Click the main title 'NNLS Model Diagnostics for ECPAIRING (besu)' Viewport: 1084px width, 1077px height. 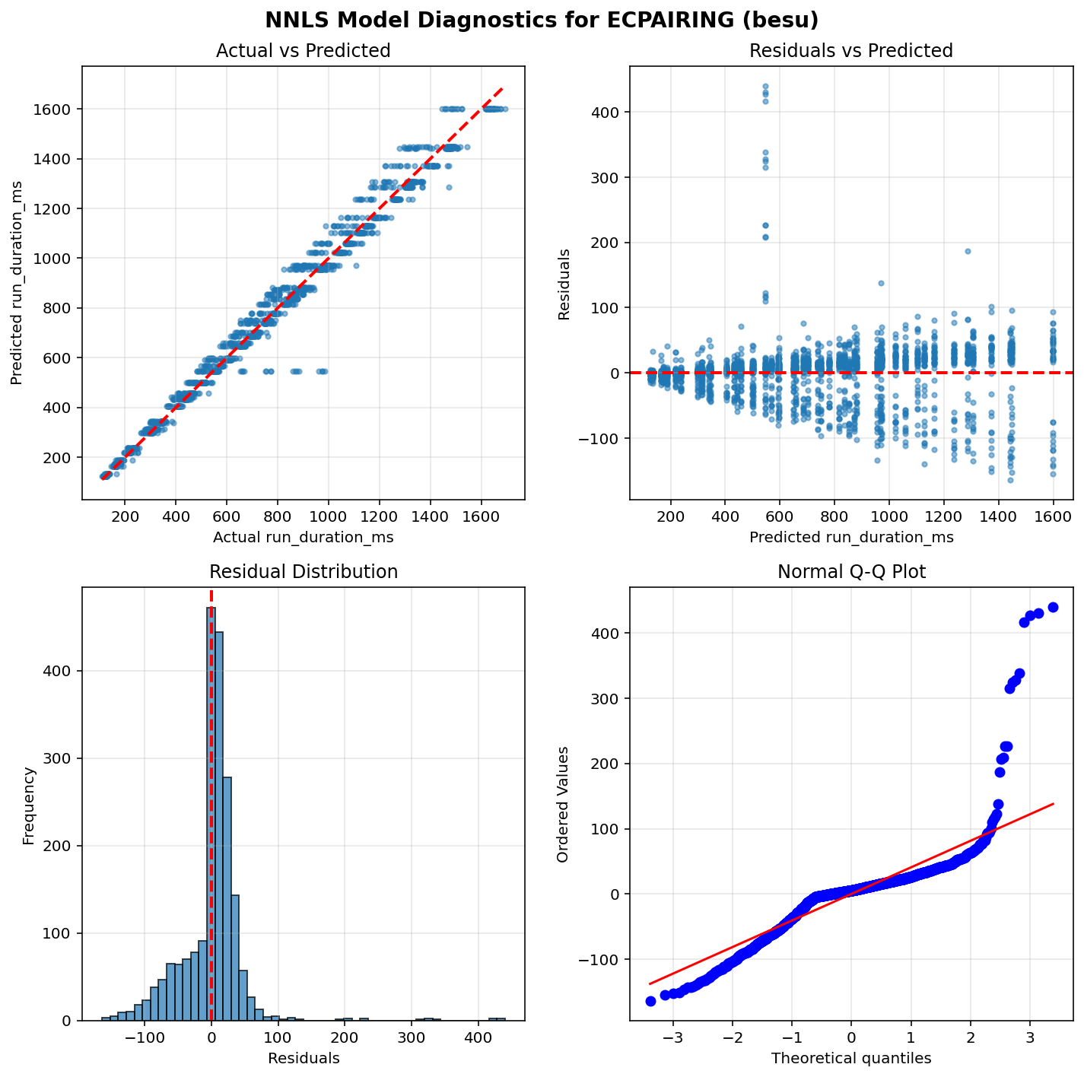(x=542, y=20)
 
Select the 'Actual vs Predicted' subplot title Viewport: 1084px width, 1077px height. (x=303, y=51)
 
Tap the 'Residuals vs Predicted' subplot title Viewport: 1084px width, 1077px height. (x=851, y=51)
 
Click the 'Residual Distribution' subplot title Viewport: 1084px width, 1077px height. (x=303, y=572)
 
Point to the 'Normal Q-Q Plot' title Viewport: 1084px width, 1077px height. (x=851, y=572)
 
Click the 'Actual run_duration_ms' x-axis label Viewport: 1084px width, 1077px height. (x=303, y=538)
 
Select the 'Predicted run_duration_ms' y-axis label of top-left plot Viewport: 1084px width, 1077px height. (x=17, y=283)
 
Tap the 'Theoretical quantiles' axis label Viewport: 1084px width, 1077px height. (x=851, y=1058)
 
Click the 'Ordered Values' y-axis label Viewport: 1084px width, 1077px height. (x=563, y=804)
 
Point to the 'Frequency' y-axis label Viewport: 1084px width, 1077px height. (x=29, y=805)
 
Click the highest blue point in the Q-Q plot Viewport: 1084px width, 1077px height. (x=1053, y=607)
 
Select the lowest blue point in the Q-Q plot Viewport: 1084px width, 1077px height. (x=650, y=1001)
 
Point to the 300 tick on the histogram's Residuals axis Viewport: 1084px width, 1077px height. (x=411, y=1038)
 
